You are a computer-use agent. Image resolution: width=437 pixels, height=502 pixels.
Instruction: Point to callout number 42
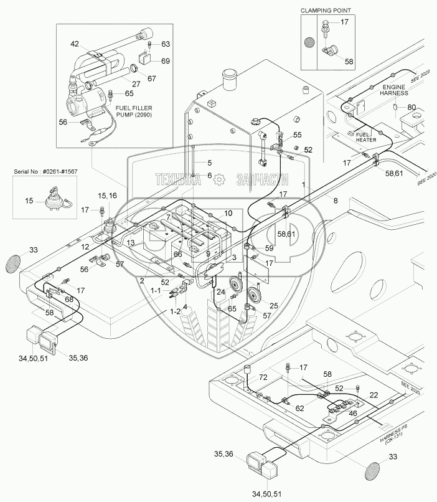tap(75, 44)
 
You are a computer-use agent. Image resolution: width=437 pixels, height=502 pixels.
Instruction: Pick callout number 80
tap(411, 107)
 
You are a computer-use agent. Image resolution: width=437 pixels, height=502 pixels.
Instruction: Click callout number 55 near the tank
tap(297, 135)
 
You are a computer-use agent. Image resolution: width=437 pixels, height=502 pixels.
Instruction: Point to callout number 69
tap(166, 60)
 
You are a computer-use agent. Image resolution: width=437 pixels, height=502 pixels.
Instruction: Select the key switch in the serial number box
tap(48, 203)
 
